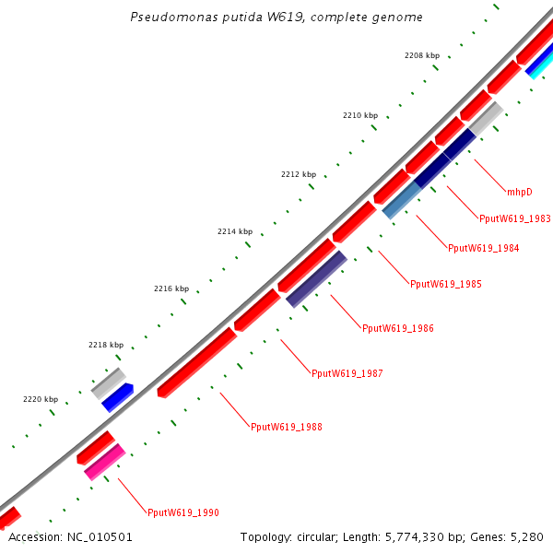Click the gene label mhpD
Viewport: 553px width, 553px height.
coord(520,192)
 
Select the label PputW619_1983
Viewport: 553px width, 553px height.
coord(515,218)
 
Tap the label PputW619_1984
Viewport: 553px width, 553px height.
coord(483,248)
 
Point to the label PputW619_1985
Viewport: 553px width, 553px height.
coord(445,284)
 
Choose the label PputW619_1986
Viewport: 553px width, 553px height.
coord(397,328)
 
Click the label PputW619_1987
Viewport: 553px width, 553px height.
coord(347,373)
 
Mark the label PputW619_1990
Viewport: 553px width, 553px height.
coord(182,512)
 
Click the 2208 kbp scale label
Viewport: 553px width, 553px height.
coord(421,55)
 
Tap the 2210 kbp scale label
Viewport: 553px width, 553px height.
coord(359,115)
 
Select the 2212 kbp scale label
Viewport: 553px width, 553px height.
coord(298,174)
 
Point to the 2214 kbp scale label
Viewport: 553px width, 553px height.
coord(234,231)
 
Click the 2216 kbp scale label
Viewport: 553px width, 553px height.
coord(171,288)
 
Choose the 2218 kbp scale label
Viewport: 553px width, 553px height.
coord(105,345)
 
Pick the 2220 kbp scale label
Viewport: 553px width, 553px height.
coord(40,399)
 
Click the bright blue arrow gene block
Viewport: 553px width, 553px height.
coord(118,397)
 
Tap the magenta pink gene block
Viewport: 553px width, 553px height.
coord(104,462)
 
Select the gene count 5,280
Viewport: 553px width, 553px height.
coord(527,536)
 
